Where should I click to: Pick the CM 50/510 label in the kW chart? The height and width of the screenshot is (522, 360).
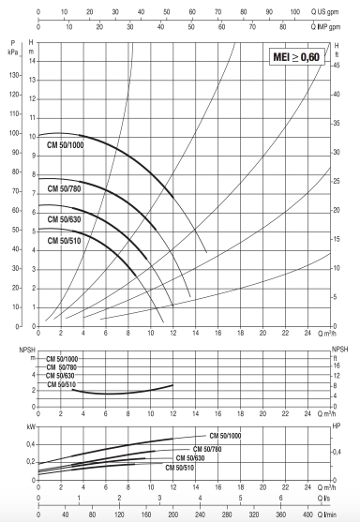[180, 467]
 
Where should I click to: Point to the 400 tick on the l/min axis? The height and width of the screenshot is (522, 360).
[307, 515]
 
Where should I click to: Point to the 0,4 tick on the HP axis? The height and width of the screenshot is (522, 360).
[337, 450]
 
